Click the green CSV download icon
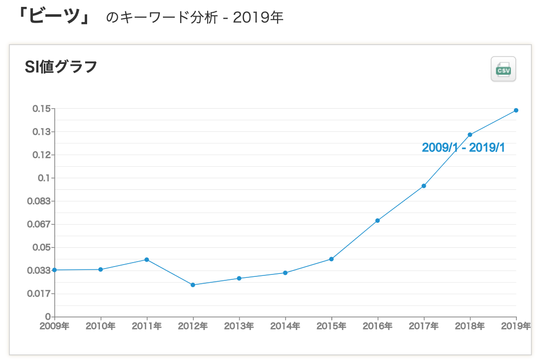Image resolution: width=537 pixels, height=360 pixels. tap(503, 69)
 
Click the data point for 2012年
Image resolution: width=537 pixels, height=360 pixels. tap(193, 285)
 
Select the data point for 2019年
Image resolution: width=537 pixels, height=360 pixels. tap(516, 110)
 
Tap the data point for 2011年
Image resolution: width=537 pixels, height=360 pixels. tap(147, 260)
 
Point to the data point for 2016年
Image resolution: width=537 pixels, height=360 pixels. tap(378, 220)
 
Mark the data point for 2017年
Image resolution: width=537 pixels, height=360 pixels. tap(423, 186)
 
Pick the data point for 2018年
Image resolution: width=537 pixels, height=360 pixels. tap(470, 135)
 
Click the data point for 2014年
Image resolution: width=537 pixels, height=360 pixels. tap(285, 273)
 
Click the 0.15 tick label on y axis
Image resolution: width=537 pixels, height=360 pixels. tap(41, 109)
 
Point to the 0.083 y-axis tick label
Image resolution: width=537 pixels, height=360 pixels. tap(39, 201)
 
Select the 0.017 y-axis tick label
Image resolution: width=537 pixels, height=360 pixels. tap(39, 294)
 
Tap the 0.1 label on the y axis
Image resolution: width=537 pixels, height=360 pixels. tap(44, 178)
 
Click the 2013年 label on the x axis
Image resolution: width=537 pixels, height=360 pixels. tap(239, 326)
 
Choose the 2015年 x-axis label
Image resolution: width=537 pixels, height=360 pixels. tap(331, 326)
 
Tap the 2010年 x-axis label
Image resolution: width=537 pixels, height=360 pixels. tap(100, 326)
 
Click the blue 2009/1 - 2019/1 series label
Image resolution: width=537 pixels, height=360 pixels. tap(463, 148)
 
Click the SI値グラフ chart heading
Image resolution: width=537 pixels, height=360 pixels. tap(61, 67)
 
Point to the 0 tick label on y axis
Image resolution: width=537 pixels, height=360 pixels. tap(48, 317)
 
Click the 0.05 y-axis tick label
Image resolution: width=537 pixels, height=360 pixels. tap(41, 247)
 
